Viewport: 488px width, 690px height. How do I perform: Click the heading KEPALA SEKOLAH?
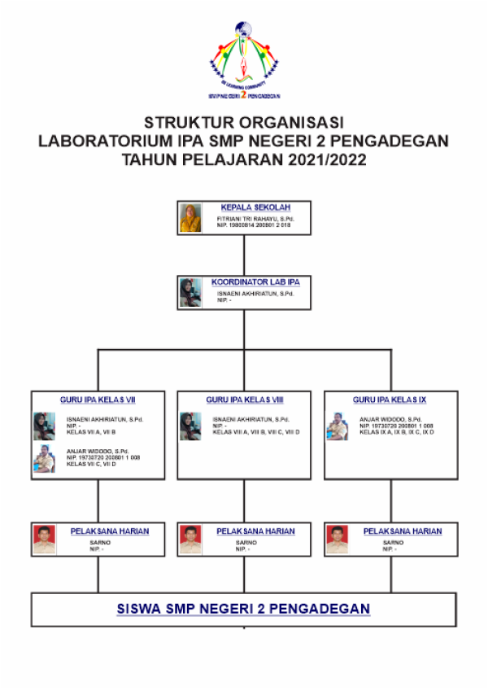tap(255, 207)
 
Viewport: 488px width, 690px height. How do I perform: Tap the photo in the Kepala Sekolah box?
tap(190, 217)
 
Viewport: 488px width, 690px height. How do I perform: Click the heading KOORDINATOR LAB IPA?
tap(255, 282)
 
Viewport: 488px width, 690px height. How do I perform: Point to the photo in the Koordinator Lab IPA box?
tap(190, 293)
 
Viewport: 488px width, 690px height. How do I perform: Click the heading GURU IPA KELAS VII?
tap(98, 400)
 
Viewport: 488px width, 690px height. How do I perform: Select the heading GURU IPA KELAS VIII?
tap(244, 400)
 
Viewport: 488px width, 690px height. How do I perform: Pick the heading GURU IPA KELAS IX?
tap(390, 400)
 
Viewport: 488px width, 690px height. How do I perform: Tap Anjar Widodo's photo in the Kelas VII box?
tap(44, 458)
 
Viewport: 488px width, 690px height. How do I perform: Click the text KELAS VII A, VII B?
tap(91, 432)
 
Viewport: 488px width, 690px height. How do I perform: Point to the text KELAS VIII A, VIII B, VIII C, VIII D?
tap(255, 432)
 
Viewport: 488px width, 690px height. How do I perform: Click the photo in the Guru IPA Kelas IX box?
tap(337, 426)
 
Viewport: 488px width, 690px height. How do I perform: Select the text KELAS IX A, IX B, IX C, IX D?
tap(396, 432)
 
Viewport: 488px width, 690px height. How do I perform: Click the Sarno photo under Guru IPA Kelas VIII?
tap(190, 539)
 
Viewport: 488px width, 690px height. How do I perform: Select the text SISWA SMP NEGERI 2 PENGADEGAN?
tap(244, 609)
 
